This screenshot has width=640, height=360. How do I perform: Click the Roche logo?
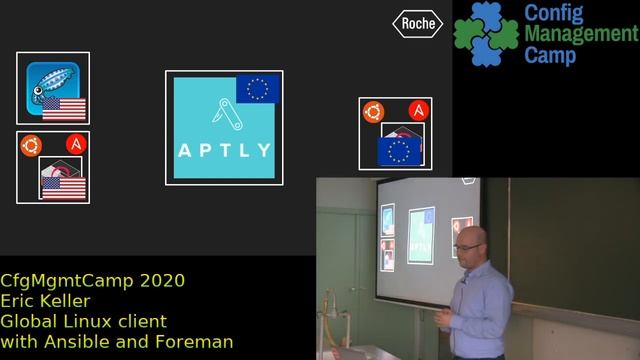click(x=417, y=24)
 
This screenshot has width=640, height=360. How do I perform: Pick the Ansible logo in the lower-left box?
click(x=75, y=144)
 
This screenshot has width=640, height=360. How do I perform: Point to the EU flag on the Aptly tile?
click(x=258, y=90)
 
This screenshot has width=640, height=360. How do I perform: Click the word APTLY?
click(x=224, y=151)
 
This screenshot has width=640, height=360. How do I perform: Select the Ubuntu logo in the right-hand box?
click(x=373, y=111)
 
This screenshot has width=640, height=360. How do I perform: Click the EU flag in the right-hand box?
click(x=399, y=150)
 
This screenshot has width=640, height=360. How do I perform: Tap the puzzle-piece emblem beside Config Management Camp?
click(x=486, y=34)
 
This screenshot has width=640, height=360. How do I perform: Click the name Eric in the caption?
click(x=20, y=301)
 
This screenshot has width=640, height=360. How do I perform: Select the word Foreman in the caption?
click(x=199, y=342)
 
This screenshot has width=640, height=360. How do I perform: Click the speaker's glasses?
click(x=465, y=247)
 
